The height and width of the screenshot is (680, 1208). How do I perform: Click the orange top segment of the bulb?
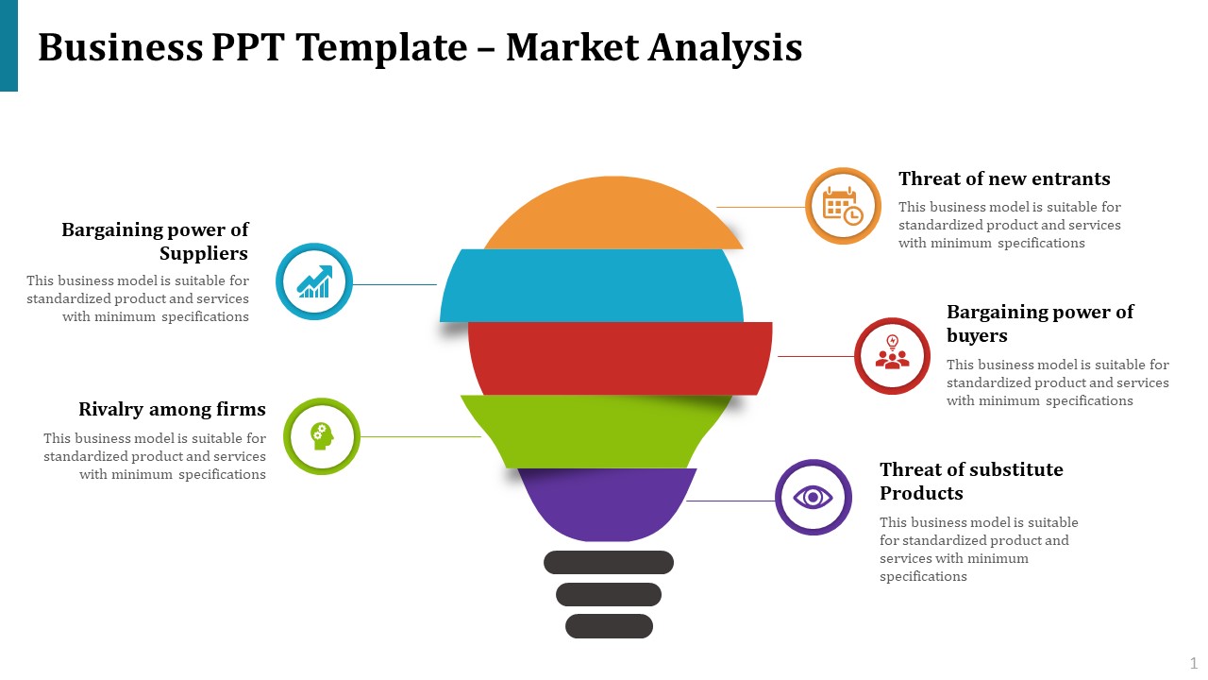613,212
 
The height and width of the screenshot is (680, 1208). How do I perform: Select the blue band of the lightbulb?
592,285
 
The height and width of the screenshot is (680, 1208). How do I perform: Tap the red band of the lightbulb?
620,358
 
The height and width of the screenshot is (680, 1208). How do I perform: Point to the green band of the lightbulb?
596,432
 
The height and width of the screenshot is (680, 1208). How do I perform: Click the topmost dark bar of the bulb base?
609,562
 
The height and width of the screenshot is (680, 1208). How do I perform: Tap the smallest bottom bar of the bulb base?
610,626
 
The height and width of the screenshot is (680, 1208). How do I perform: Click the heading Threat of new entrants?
1004,178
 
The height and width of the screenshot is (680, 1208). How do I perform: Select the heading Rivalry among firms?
172,409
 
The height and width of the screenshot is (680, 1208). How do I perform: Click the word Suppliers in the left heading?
204,253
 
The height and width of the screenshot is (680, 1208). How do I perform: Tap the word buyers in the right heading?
977,335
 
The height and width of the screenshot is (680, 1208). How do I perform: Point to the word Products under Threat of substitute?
921,493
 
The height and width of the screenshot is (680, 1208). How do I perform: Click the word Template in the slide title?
382,48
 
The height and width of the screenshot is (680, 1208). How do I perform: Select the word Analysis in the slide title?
725,48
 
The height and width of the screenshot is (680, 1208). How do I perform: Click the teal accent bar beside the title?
8,45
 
